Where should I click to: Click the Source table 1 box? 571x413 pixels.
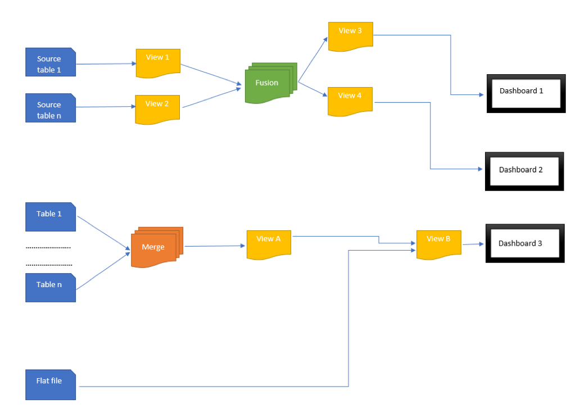[x=50, y=62]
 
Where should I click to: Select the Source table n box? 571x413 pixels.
[x=50, y=108]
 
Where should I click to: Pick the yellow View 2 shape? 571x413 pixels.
[x=157, y=108]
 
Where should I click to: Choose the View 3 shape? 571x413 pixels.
[x=350, y=35]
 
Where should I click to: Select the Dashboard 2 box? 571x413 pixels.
[x=524, y=171]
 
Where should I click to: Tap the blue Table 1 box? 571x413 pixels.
[x=50, y=216]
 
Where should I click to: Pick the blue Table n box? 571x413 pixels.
[x=50, y=287]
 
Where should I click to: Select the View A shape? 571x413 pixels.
[x=269, y=243]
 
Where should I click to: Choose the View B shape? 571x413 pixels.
[x=438, y=243]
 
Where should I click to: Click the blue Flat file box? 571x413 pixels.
[x=50, y=384]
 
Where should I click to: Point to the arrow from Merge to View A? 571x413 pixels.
[x=215, y=246]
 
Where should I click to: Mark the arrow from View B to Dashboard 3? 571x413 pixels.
[x=473, y=244]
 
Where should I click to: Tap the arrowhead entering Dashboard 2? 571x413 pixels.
[x=479, y=169]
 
